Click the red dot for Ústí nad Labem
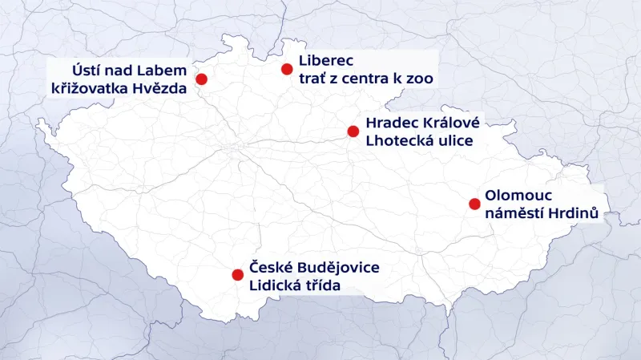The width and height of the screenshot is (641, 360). click(201, 79)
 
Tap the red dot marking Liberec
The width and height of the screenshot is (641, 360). click(287, 69)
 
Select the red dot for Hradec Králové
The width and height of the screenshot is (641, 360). click(353, 131)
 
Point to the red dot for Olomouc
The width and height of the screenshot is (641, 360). click(474, 204)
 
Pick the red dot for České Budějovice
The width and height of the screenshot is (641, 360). click(237, 274)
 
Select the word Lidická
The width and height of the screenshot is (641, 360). click(277, 285)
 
